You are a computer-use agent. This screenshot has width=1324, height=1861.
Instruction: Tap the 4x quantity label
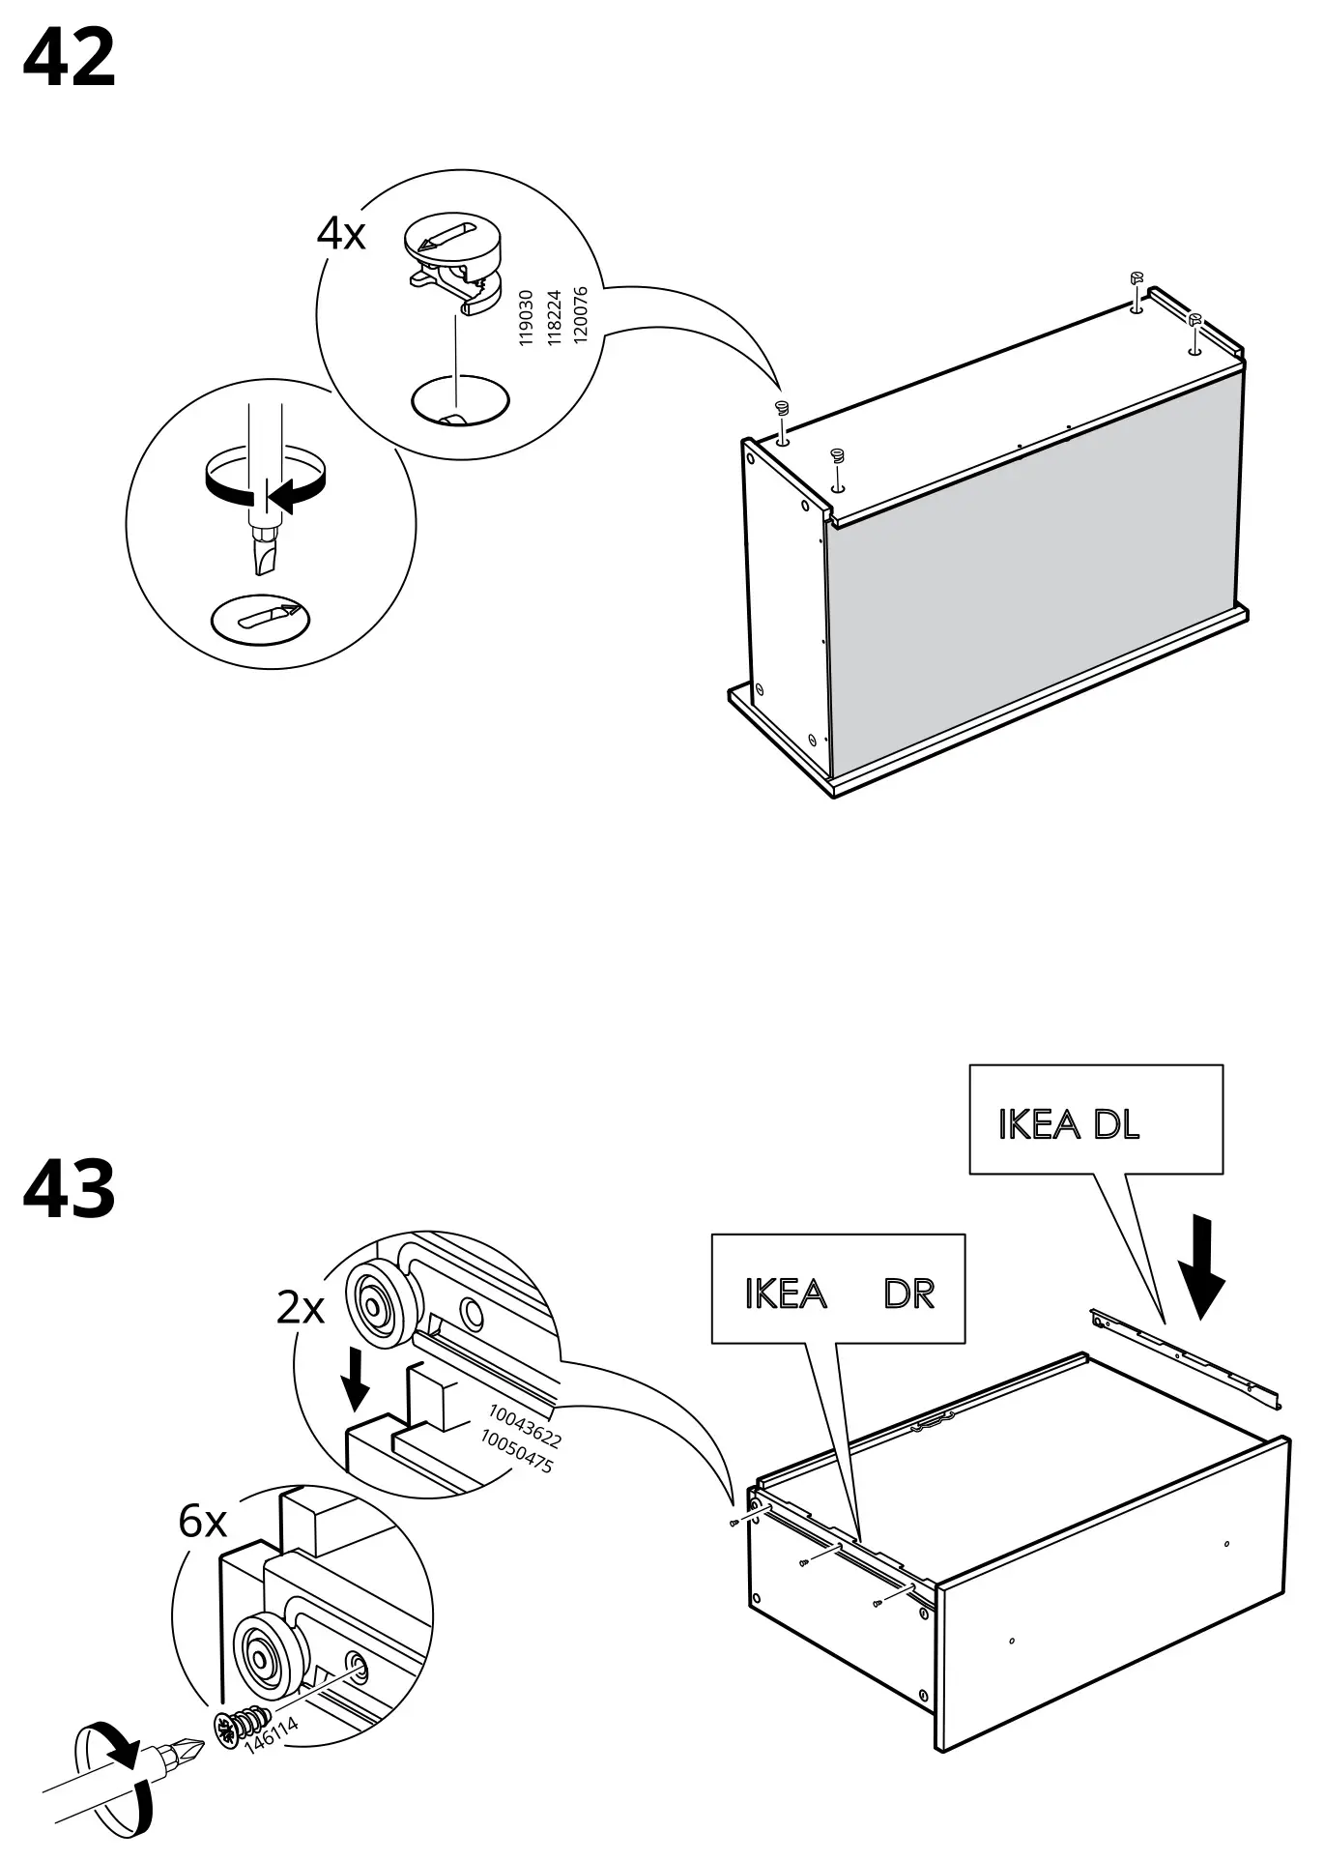[x=341, y=234]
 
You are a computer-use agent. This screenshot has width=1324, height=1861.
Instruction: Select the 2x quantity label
[x=301, y=1309]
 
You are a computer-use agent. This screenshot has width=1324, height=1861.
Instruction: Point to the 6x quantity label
[x=202, y=1522]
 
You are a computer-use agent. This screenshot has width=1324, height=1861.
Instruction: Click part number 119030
[x=527, y=318]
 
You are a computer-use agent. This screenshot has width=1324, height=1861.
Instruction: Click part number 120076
[x=580, y=315]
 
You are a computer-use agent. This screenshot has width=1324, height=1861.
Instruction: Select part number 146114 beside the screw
[x=272, y=1736]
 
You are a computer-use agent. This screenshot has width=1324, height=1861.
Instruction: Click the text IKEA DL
[x=1068, y=1124]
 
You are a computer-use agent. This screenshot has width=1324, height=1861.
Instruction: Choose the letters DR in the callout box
[x=908, y=1294]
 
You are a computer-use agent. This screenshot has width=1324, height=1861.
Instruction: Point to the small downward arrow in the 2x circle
[x=357, y=1381]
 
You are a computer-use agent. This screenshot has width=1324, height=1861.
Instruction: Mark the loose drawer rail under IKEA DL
[x=1187, y=1359]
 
